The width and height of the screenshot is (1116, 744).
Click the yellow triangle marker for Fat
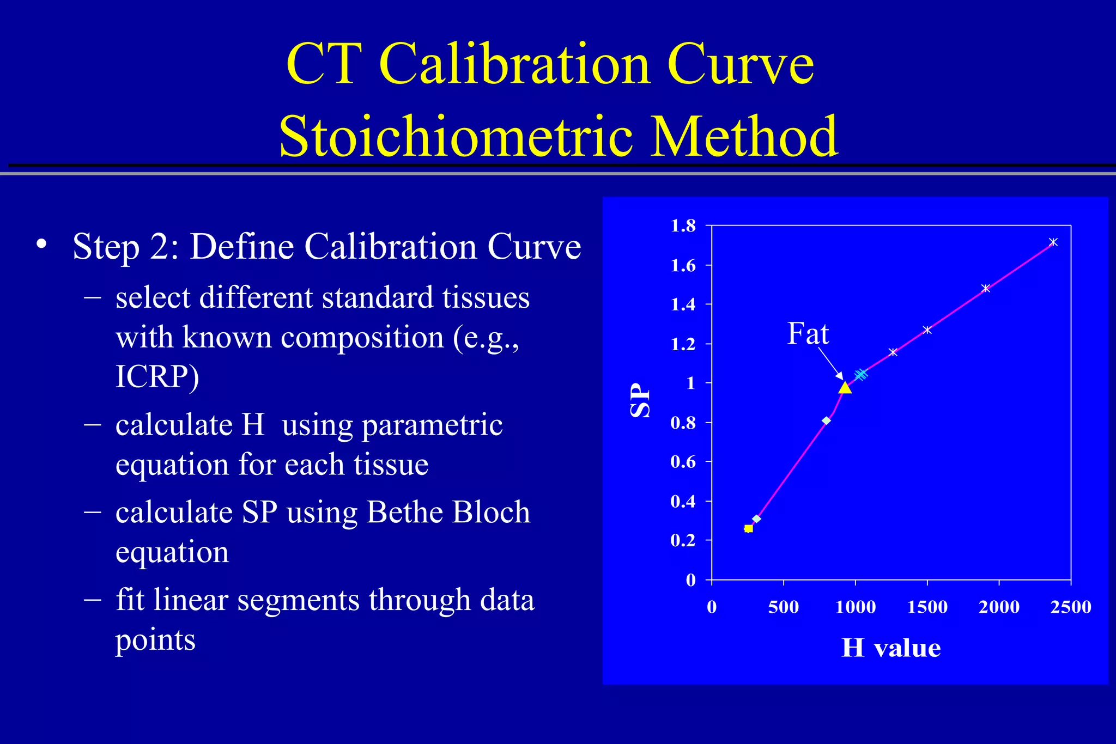845,388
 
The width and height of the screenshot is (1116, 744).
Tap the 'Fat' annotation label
808,333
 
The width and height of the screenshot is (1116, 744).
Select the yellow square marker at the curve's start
749,528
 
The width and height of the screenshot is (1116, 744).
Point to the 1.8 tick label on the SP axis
683,225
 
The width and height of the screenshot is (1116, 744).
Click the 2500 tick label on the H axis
1071,607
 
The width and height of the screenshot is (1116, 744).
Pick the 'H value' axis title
891,648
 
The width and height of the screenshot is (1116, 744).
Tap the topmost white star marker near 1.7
1053,242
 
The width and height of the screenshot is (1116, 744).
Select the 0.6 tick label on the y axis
683,462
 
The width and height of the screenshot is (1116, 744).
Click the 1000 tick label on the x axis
856,607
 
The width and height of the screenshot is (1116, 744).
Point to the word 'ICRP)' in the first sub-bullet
157,376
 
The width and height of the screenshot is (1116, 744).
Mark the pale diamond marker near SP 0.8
827,420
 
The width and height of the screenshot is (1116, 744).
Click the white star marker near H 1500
927,330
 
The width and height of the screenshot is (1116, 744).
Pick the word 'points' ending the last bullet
155,639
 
